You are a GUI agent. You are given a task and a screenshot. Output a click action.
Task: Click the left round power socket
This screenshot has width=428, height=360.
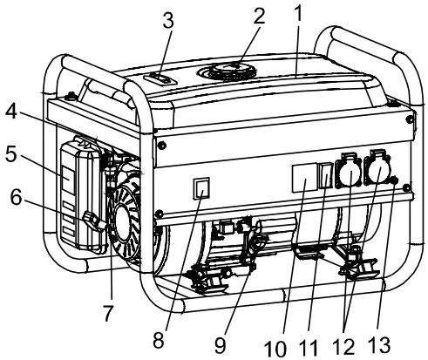coord(344,172)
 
